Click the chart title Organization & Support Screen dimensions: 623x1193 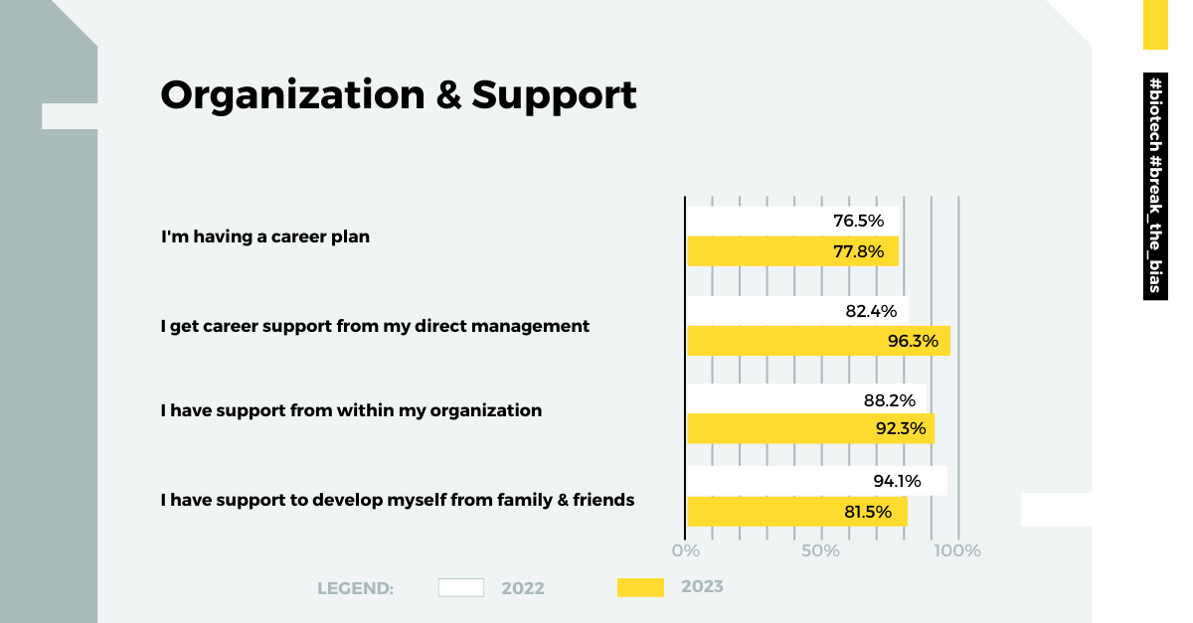[399, 95]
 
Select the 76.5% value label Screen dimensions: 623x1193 [858, 221]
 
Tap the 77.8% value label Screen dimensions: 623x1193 [858, 251]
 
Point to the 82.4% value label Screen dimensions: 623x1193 [871, 311]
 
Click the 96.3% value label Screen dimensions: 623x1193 [913, 341]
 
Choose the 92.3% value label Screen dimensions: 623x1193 [901, 429]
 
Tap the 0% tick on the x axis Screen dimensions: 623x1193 [686, 550]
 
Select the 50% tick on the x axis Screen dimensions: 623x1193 [821, 550]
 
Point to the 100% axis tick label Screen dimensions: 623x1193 [958, 550]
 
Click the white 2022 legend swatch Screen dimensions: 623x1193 [461, 587]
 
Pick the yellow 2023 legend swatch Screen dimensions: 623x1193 [640, 587]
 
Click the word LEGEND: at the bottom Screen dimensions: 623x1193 [356, 588]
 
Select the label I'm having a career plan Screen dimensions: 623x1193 [265, 237]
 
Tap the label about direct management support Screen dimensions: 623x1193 [376, 326]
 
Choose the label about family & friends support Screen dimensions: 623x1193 [398, 500]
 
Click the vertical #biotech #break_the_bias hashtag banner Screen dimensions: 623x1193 [1155, 186]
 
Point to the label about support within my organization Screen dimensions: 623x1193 [352, 410]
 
